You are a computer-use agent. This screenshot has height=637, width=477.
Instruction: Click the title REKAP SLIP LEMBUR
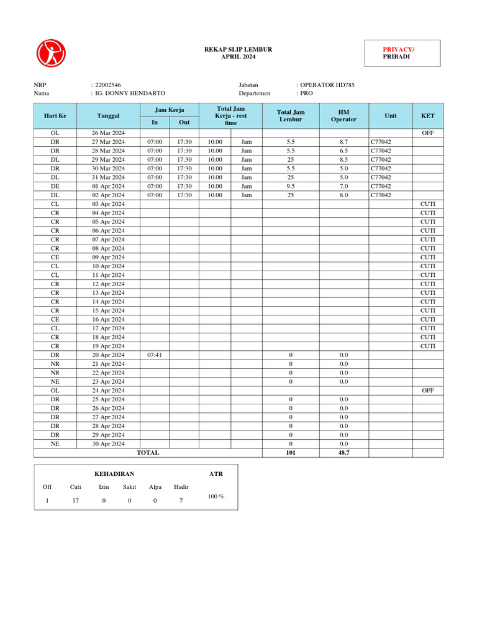[238, 49]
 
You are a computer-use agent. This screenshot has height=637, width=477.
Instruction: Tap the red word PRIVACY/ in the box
[398, 49]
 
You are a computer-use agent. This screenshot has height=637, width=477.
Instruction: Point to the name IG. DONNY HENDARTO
[130, 93]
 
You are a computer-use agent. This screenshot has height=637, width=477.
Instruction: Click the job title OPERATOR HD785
[327, 85]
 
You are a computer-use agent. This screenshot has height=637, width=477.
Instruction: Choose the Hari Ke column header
[55, 116]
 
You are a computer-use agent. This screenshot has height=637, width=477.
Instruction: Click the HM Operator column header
[343, 116]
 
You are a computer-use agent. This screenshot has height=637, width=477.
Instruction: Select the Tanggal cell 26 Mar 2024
[108, 133]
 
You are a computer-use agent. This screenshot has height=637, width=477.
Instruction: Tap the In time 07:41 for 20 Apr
[155, 355]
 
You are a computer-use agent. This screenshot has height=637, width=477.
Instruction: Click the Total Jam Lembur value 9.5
[291, 186]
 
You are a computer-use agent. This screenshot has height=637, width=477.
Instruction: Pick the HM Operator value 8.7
[343, 142]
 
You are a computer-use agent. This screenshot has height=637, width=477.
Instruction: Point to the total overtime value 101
[291, 453]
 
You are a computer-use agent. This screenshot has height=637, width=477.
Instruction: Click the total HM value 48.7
[343, 453]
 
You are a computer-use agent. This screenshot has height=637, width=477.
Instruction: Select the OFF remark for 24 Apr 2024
[428, 390]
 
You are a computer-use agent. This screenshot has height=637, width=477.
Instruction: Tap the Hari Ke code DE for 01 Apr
[55, 186]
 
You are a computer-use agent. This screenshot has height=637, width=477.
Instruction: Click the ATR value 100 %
[216, 496]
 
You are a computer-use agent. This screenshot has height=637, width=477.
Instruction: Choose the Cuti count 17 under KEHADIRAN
[75, 501]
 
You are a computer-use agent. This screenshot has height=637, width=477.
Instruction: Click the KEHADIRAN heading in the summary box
[114, 474]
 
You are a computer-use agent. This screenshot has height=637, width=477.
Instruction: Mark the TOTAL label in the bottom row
[148, 453]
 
